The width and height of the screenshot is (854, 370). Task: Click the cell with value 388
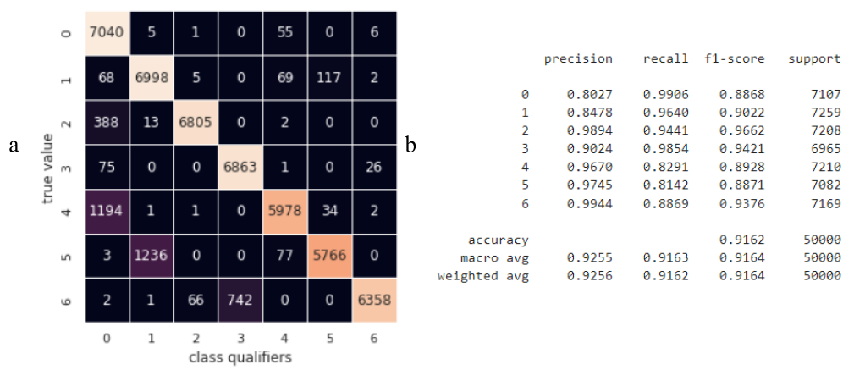pyautogui.click(x=107, y=122)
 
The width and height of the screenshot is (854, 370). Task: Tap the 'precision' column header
pyautogui.click(x=578, y=59)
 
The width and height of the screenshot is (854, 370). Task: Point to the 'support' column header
pyautogui.click(x=814, y=59)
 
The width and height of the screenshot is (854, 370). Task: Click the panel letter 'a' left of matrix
pyautogui.click(x=14, y=146)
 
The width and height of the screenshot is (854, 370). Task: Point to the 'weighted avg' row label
pyautogui.click(x=483, y=276)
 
